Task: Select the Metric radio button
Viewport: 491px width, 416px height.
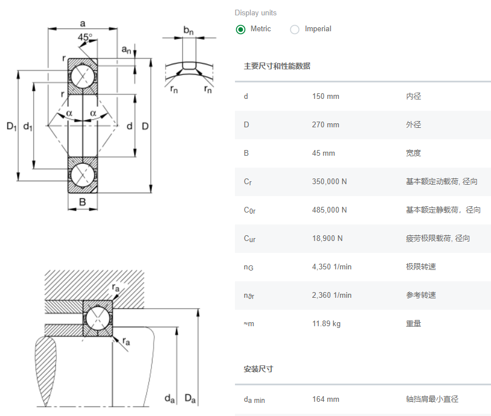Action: point(241,29)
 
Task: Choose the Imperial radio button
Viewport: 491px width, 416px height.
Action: point(295,29)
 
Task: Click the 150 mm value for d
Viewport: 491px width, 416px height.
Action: point(325,97)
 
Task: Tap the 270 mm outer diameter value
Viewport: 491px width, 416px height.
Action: point(325,125)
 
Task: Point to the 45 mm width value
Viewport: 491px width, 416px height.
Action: point(323,153)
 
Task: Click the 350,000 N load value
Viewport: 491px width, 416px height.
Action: point(329,182)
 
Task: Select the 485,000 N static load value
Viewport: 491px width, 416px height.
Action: point(329,210)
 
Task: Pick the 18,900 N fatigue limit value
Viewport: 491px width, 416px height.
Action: point(327,239)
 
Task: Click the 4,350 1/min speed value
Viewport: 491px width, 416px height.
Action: point(332,267)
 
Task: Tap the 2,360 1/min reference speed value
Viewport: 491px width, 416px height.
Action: point(332,296)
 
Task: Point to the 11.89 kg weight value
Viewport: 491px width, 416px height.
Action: point(326,324)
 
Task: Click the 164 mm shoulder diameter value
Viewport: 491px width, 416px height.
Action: point(325,400)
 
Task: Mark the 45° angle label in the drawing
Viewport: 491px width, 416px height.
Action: point(85,38)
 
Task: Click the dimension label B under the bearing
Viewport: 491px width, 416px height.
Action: point(82,202)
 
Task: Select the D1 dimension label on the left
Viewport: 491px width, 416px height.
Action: point(11,126)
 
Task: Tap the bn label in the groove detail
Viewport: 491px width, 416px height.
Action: point(188,30)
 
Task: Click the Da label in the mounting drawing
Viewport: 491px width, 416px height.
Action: point(190,399)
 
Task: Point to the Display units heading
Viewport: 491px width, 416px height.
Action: point(255,13)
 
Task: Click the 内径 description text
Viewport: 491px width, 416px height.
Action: point(414,97)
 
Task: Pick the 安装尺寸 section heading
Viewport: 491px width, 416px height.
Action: point(258,369)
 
